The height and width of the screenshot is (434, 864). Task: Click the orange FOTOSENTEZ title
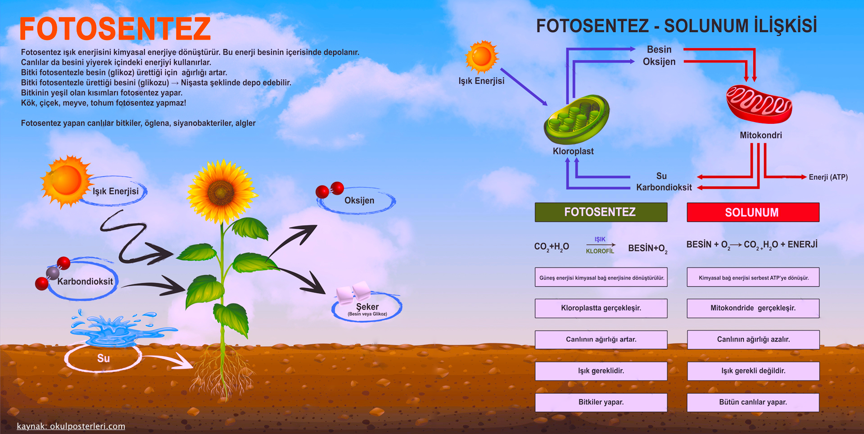(115, 29)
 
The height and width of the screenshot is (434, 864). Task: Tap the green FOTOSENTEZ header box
(601, 212)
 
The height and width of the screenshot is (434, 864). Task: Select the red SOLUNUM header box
(752, 212)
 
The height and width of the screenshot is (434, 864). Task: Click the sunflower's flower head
(221, 191)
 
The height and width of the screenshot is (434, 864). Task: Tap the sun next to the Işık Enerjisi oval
(66, 181)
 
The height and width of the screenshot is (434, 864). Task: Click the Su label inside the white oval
(104, 358)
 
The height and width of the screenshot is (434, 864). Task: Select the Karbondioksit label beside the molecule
(85, 282)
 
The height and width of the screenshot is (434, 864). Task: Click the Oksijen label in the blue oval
(359, 201)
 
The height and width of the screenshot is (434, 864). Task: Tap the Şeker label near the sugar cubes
(367, 307)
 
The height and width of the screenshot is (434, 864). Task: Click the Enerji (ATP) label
(828, 177)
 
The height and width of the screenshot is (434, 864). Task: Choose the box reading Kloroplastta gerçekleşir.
(601, 308)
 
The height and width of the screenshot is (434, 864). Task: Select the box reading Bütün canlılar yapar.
(752, 402)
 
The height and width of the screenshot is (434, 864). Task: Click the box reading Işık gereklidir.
(601, 371)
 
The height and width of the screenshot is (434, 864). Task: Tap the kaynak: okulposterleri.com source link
(71, 426)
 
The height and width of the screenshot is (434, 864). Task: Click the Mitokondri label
(760, 136)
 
